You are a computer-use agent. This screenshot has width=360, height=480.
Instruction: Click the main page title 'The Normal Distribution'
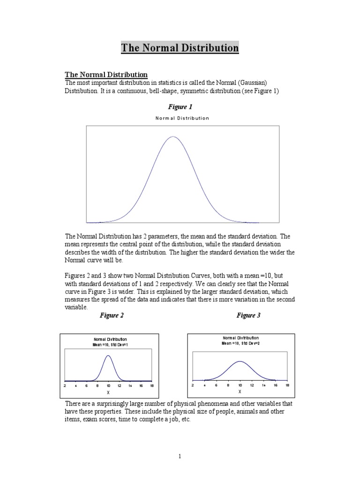(180, 48)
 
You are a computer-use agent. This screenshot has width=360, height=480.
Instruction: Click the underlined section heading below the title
(106, 75)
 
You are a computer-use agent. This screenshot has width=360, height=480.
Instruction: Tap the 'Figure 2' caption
(112, 315)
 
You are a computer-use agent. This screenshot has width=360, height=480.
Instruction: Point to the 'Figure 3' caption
(248, 315)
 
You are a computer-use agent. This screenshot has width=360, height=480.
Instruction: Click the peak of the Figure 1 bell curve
(173, 137)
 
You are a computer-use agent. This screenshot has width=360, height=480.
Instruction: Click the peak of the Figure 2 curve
(108, 355)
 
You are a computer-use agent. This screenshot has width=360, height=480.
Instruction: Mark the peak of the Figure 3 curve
(240, 361)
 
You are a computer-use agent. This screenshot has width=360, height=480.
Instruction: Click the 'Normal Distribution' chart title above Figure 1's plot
(182, 118)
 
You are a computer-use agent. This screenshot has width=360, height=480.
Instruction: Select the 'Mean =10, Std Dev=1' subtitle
(110, 345)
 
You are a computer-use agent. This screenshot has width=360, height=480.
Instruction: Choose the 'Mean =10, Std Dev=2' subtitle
(240, 343)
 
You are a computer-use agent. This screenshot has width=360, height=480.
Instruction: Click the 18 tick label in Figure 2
(151, 385)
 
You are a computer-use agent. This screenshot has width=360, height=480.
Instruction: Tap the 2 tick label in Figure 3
(193, 384)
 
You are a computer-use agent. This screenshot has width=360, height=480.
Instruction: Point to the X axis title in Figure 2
(108, 392)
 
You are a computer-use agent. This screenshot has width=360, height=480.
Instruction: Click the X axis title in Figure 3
(240, 391)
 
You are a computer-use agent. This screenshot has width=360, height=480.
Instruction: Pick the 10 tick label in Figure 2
(108, 385)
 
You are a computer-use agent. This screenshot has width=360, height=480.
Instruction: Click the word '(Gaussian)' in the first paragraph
(251, 83)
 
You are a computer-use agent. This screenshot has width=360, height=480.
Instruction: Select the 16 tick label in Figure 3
(276, 384)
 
